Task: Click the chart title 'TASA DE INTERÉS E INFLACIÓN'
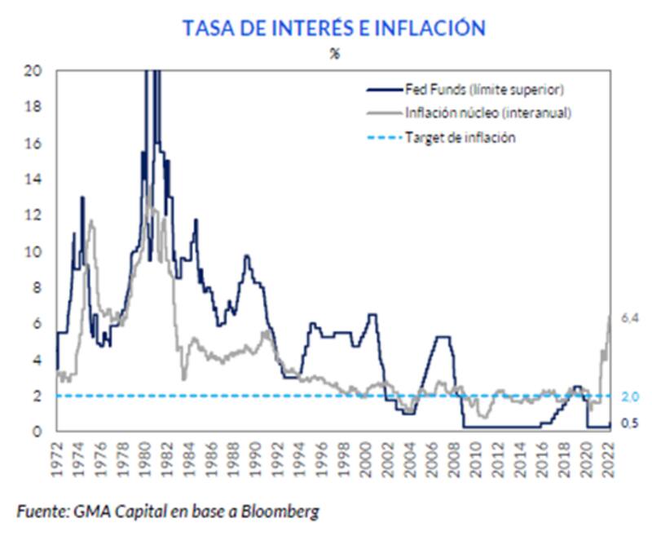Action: [333, 29]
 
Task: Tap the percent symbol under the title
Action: [333, 55]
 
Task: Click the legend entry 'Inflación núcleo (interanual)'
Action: [490, 113]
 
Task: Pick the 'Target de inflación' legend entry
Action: [460, 137]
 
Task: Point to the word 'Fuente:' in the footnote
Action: [41, 512]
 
